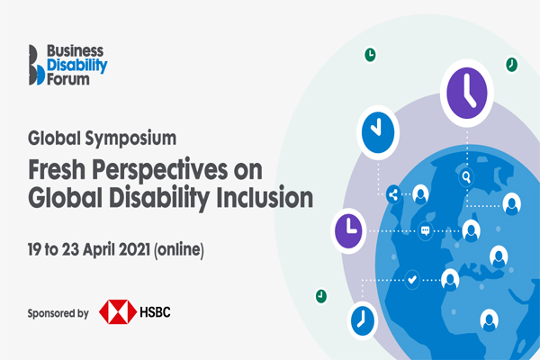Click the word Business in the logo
(x=75, y=51)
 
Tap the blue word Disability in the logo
(x=77, y=66)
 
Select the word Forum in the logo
(x=68, y=79)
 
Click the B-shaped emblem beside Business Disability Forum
(x=37, y=65)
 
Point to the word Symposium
(x=130, y=139)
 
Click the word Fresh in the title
(x=57, y=169)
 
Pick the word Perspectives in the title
(x=160, y=171)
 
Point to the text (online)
(x=179, y=250)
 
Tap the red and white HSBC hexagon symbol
(x=118, y=311)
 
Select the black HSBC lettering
(x=155, y=312)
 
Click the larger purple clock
(x=466, y=93)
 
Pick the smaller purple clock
(x=348, y=230)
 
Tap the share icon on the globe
(x=393, y=194)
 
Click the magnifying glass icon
(x=466, y=177)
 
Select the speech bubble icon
(x=426, y=230)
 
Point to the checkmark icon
(x=412, y=280)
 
